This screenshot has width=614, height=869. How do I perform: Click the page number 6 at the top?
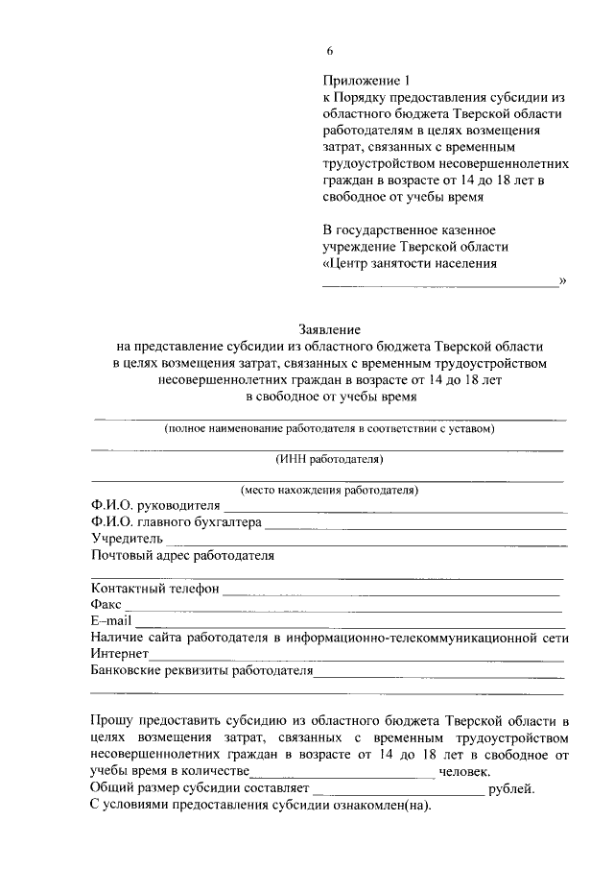(x=329, y=51)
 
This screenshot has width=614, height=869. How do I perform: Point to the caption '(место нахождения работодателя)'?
(x=329, y=490)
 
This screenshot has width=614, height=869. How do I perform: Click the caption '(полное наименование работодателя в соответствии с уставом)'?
(x=329, y=428)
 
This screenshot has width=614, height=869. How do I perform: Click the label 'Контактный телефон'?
(x=155, y=588)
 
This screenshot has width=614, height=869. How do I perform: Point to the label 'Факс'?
(x=106, y=605)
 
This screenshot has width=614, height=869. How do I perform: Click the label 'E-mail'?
(x=110, y=621)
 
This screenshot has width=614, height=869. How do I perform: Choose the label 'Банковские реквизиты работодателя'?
(x=202, y=670)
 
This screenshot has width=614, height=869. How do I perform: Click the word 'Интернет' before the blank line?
(x=120, y=654)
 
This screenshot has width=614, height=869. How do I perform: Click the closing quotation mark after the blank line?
(x=562, y=279)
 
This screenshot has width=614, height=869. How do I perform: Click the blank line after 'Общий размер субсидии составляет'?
(x=398, y=791)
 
